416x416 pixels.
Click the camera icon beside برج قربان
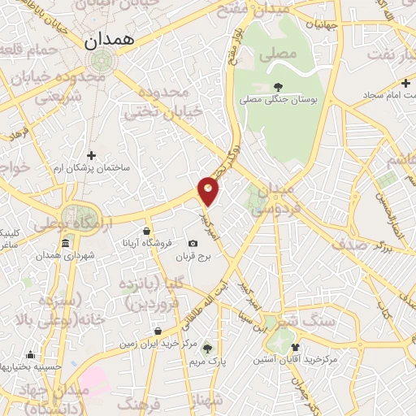pos(193,244)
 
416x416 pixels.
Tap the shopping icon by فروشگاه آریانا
pos(146,231)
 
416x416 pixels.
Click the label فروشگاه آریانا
pos(144,244)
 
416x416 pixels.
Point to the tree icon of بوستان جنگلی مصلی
pos(279,87)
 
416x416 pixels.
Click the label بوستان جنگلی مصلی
pos(280,101)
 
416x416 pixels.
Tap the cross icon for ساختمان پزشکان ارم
pos(91,155)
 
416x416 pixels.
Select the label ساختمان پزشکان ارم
pos(91,167)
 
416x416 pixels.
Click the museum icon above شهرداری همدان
pos(65,243)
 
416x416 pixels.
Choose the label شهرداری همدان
pos(65,256)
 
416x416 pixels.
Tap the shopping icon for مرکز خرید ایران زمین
pos(158,331)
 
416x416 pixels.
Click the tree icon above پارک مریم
pos(207,347)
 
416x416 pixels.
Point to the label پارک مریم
pos(211,360)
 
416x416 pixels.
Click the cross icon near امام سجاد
pos(405,83)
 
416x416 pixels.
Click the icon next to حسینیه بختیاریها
pos(30,354)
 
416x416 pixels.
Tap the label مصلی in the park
pos(267,58)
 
